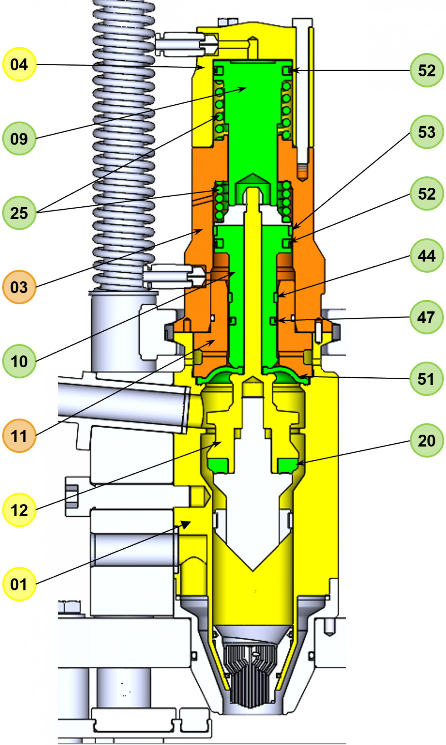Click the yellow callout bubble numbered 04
point(19,64)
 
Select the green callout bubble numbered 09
point(19,139)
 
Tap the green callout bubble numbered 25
point(19,213)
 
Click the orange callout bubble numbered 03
point(19,287)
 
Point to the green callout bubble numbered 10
point(19,361)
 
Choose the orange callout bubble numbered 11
point(19,435)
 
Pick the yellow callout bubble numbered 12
point(19,510)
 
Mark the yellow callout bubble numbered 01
point(19,584)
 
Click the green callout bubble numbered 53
point(427,132)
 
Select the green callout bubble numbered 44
point(427,256)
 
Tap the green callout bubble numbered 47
point(427,317)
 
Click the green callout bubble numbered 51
point(427,379)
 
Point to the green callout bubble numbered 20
point(427,441)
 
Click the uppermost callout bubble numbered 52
point(427,70)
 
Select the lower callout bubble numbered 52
point(427,194)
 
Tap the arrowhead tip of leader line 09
point(246,88)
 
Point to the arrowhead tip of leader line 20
point(297,464)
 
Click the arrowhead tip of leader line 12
point(221,443)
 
